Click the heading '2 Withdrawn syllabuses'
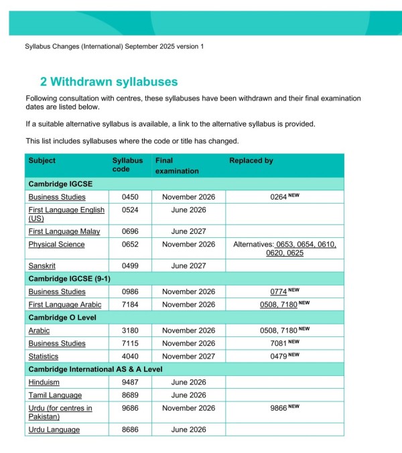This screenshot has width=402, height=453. tap(109, 82)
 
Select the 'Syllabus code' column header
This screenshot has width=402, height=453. tap(127, 166)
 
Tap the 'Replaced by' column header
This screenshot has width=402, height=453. tap(251, 161)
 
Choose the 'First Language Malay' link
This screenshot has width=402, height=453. tap(66, 231)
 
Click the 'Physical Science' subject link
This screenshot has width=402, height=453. tap(56, 245)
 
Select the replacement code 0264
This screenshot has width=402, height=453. tap(278, 197)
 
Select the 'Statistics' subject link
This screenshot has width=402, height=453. tap(43, 357)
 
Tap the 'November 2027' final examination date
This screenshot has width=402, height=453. tap(188, 357)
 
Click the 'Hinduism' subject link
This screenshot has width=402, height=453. tap(44, 382)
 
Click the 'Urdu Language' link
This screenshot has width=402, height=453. tap(54, 430)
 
